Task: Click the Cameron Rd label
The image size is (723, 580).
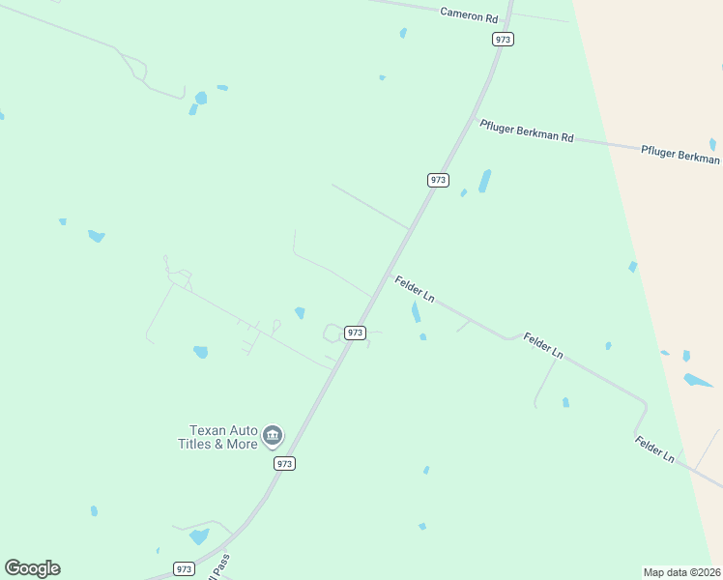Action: (x=469, y=15)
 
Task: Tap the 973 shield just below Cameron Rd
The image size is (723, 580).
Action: (x=503, y=39)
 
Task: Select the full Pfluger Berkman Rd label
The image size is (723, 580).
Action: (x=526, y=131)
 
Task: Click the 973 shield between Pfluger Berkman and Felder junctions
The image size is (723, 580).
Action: (x=438, y=180)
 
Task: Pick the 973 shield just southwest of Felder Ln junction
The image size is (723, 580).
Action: (x=355, y=332)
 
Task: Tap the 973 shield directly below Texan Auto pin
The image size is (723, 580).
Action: (x=283, y=463)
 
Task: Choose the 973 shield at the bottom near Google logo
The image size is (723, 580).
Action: (x=184, y=567)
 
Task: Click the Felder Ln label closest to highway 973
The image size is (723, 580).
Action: (x=414, y=289)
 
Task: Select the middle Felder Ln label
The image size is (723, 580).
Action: (x=543, y=345)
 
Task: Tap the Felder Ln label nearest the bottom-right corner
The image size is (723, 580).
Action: (x=654, y=449)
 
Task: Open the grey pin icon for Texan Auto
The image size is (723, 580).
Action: (x=273, y=437)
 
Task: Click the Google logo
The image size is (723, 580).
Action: (x=32, y=567)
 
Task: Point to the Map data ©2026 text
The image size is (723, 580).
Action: (x=681, y=571)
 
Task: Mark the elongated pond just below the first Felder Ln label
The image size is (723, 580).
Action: (x=417, y=312)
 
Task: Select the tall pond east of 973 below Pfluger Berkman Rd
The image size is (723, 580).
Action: (x=484, y=181)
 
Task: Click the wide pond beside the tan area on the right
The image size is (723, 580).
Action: (x=698, y=380)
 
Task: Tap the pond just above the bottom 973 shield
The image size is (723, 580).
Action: (x=199, y=536)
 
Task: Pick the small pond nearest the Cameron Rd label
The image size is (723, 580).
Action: (x=403, y=33)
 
